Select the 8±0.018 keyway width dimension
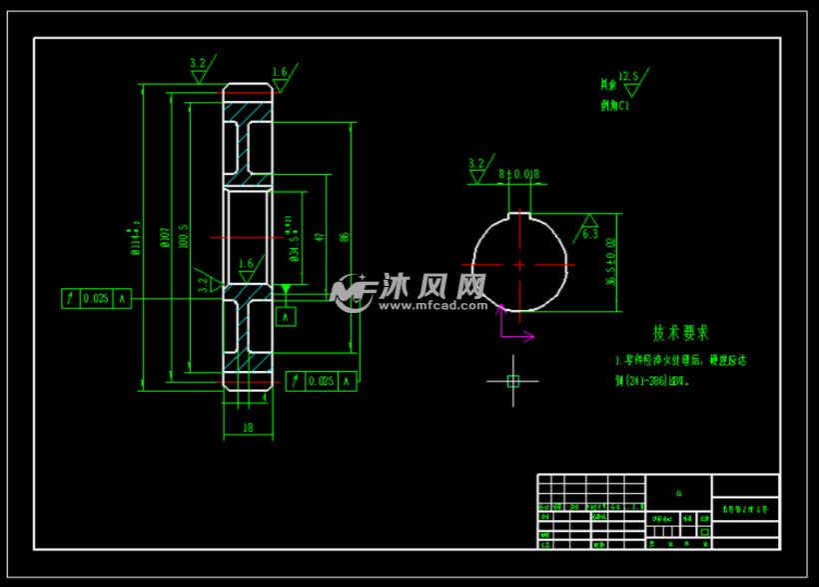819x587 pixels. click(518, 174)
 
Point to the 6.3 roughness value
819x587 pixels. click(590, 234)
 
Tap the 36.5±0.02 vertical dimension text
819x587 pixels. click(611, 263)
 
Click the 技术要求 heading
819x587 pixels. click(681, 333)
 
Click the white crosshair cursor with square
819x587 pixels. click(512, 381)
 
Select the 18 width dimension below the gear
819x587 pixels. click(248, 427)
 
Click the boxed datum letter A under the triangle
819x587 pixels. click(287, 317)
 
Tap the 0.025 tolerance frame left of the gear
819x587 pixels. click(96, 298)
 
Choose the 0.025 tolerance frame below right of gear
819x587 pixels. click(321, 381)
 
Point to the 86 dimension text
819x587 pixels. click(345, 237)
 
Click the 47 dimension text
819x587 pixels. click(319, 237)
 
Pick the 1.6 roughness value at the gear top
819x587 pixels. click(280, 73)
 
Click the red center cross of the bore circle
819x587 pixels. click(519, 265)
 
